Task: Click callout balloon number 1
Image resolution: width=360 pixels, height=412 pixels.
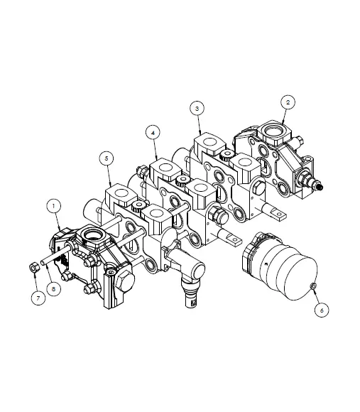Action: [53, 205]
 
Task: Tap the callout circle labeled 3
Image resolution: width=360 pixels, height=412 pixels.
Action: [197, 108]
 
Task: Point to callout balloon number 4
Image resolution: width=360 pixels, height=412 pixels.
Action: [151, 131]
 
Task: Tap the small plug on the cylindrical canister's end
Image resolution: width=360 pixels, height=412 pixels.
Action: [313, 285]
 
